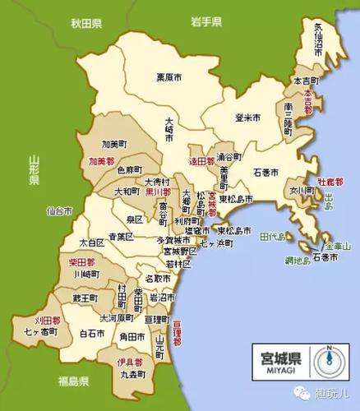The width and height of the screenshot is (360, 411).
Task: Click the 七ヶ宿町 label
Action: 41,331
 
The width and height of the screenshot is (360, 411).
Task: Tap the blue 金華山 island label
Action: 336,247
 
